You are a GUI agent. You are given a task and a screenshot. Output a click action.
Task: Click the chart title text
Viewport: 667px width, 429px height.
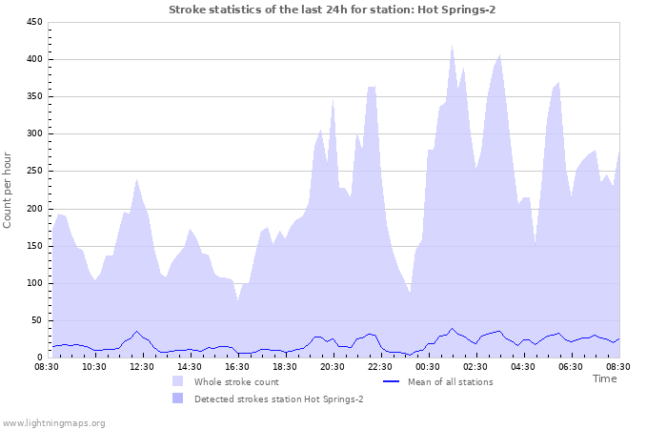332,10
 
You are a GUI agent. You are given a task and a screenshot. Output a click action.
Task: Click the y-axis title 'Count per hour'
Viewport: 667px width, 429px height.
9,190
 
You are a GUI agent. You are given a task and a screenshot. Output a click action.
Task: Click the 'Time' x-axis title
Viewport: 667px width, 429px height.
604,378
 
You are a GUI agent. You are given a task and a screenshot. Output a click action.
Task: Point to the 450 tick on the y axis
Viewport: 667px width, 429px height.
32,22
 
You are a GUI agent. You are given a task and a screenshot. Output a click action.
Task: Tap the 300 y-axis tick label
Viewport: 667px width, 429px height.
32,133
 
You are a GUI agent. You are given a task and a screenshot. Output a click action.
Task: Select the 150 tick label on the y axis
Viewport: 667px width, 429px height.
32,246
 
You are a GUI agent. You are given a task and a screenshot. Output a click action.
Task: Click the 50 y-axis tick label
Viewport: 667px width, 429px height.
35,320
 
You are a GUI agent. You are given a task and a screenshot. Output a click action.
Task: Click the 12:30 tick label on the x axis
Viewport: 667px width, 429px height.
142,366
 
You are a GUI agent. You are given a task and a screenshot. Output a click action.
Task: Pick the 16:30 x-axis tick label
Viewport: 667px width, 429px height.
237,366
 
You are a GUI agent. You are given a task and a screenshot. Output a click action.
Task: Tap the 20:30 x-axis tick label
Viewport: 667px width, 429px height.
333,366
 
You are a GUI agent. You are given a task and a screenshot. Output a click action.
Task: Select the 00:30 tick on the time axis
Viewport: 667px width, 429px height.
428,366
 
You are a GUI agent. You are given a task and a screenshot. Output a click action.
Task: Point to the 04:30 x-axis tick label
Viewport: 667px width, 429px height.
523,366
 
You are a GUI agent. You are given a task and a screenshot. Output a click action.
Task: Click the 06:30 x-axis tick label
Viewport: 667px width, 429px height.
571,366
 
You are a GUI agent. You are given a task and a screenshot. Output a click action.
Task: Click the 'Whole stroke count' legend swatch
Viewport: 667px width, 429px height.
177,381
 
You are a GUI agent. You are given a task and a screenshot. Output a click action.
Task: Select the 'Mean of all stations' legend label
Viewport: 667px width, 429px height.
451,381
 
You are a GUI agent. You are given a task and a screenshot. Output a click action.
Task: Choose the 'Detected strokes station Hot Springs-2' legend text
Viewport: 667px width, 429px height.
278,398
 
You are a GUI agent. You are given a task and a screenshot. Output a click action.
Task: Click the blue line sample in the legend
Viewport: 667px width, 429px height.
390,381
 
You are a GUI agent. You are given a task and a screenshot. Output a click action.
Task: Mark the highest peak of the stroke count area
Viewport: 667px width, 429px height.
452,46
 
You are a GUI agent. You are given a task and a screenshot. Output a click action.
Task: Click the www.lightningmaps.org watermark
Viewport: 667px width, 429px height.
53,422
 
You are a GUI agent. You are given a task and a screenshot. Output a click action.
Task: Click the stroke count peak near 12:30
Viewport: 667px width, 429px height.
136,179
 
